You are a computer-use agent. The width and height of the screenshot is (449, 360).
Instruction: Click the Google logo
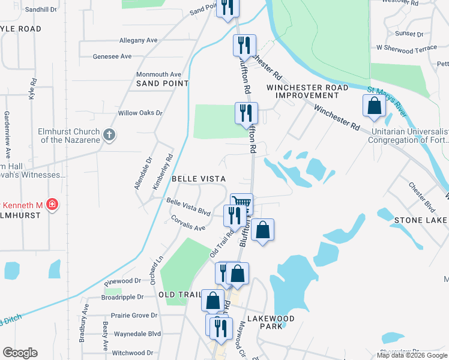[20, 353]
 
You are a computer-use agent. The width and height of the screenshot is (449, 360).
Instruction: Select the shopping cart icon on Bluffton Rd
[242, 203]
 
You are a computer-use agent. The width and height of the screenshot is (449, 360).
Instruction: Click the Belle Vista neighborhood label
[198, 179]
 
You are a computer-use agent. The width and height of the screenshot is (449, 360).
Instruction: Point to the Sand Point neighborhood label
[162, 83]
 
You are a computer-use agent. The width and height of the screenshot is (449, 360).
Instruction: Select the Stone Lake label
[421, 221]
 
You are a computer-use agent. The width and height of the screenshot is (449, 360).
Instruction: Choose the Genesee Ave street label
[112, 56]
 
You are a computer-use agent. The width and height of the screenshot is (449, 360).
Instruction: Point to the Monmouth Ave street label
[158, 74]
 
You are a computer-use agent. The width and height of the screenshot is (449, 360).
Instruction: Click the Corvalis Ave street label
[188, 224]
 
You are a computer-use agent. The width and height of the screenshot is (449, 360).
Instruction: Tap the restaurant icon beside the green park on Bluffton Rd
[246, 112]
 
